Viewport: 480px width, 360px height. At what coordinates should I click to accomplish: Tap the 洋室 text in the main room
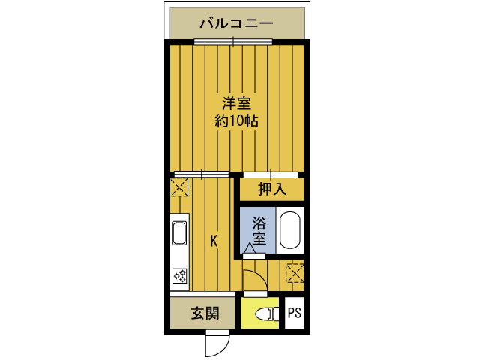(235, 103)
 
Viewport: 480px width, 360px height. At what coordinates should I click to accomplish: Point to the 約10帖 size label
(236, 121)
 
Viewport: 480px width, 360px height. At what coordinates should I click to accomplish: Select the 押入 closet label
(272, 190)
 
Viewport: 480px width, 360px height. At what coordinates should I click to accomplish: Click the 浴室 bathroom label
(259, 231)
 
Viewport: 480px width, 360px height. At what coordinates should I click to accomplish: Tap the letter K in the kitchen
(214, 241)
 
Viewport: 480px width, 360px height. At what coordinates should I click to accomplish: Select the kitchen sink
(180, 233)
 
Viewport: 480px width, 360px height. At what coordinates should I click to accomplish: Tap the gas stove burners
(180, 275)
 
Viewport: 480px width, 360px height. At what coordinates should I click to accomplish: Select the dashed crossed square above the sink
(180, 187)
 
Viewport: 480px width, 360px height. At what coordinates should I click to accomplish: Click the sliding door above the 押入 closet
(272, 174)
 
